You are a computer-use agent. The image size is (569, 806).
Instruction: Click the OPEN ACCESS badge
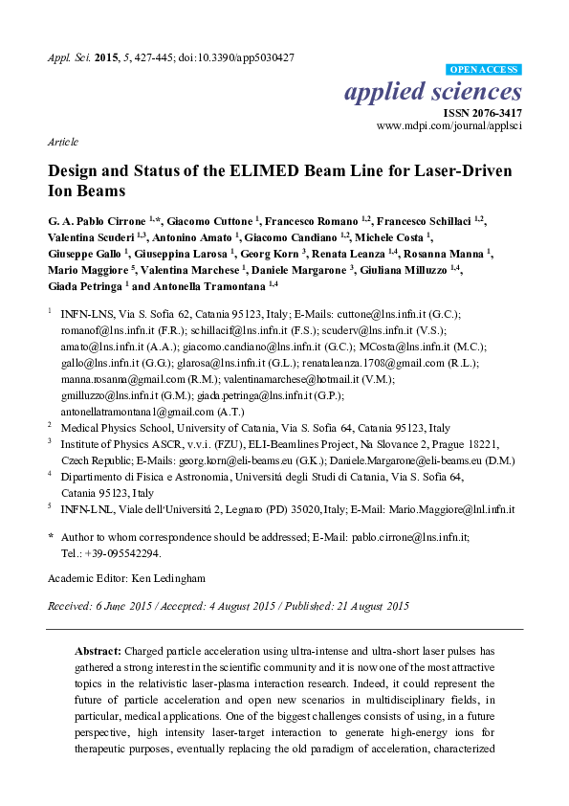(485, 70)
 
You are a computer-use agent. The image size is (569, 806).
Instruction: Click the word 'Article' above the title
(62, 141)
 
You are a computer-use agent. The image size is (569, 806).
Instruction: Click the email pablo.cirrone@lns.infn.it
(398, 540)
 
